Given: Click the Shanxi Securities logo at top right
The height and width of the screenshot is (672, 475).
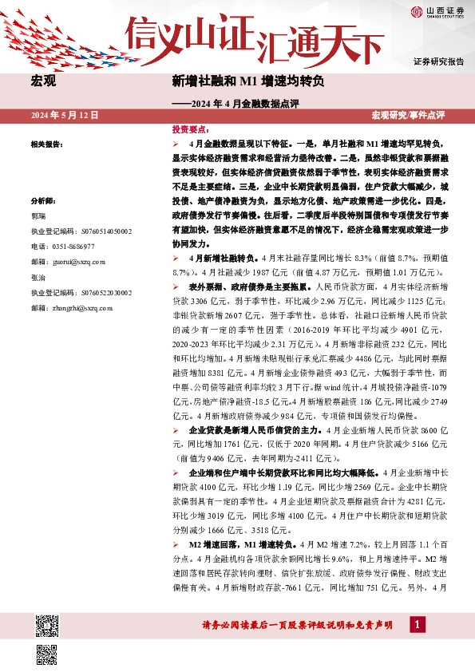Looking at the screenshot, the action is tap(437, 11).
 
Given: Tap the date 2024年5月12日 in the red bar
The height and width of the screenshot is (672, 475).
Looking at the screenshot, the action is tap(65, 116).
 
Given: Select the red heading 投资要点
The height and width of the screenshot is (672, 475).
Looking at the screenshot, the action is tap(190, 128).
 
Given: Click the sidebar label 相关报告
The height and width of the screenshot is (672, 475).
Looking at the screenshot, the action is tap(46, 144).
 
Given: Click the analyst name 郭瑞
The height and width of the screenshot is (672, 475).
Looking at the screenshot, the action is tap(38, 216).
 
